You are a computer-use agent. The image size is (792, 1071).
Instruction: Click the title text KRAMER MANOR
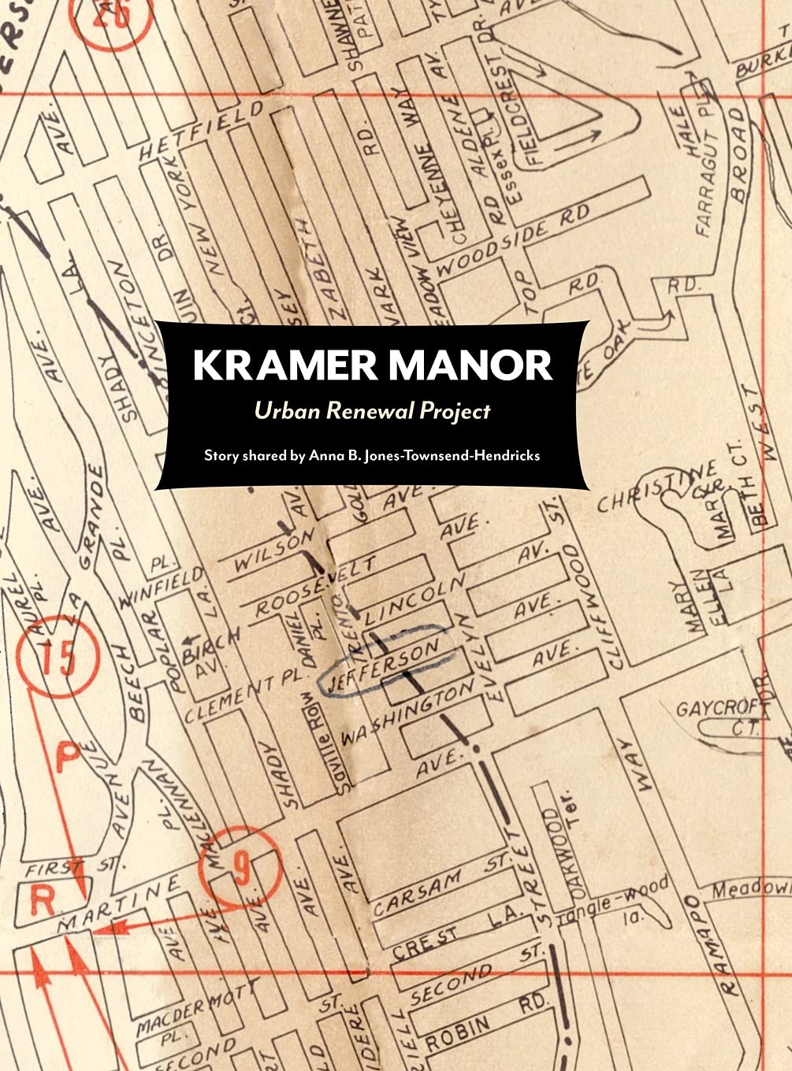point(372,365)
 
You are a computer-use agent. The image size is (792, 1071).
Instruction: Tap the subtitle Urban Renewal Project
point(372,410)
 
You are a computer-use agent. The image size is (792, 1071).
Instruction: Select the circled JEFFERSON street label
point(384,665)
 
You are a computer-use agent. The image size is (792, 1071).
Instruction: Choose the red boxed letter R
point(40,900)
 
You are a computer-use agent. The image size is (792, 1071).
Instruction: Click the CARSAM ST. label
point(441,880)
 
